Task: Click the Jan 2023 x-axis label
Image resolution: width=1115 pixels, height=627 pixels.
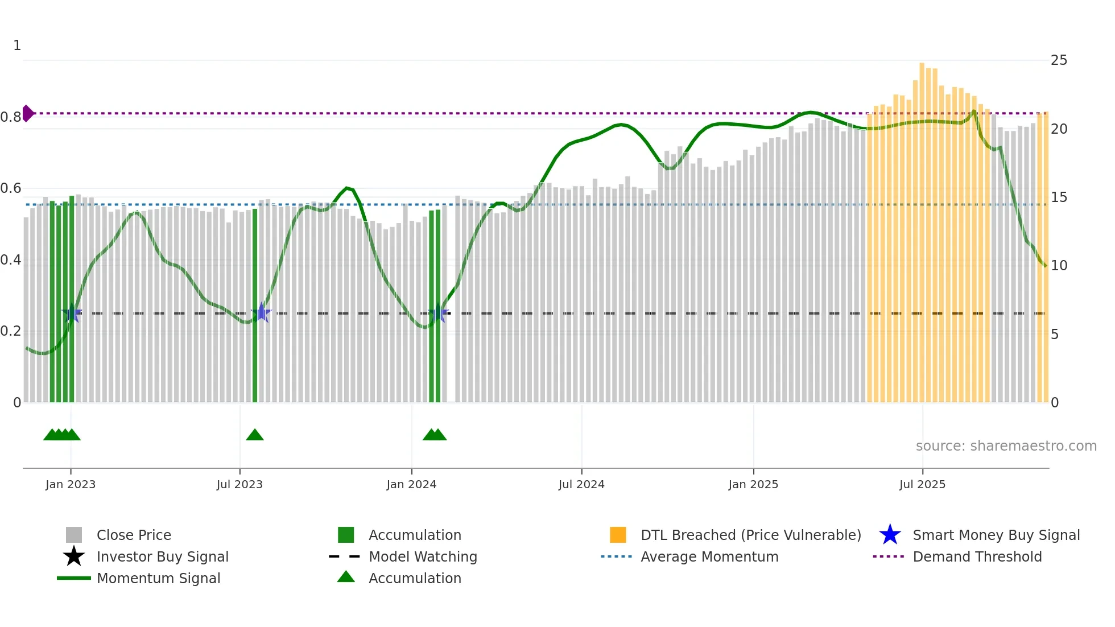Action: coord(71,484)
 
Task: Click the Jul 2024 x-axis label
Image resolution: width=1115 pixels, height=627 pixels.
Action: coord(581,484)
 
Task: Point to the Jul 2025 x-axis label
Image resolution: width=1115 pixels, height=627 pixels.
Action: coord(922,484)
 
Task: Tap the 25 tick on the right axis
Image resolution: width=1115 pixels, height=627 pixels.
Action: coord(1059,60)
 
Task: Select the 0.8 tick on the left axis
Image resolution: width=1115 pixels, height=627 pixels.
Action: coord(11,117)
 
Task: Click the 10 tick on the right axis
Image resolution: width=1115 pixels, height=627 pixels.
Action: coord(1059,266)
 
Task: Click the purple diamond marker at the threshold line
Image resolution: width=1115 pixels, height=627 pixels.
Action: coord(27,113)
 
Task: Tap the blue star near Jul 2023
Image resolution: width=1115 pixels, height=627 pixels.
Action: coord(261,312)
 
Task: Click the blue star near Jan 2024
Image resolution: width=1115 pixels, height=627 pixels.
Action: coord(438,313)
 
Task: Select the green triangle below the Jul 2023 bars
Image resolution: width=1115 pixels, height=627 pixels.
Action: coord(255,435)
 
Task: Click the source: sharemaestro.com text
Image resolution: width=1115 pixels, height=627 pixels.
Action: coord(1006,446)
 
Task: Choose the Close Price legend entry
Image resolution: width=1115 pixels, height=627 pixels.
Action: coord(134,535)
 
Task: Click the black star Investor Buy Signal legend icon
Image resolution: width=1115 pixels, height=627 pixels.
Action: coord(74,556)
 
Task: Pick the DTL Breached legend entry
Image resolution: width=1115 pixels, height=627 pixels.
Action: coord(750,535)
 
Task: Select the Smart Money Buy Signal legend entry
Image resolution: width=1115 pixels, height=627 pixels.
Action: coord(996,535)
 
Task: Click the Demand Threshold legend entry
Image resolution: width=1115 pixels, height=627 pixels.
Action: coord(977,556)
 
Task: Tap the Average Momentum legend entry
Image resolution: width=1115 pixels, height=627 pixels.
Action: coord(709,556)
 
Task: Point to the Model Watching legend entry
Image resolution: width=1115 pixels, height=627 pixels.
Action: coord(422,556)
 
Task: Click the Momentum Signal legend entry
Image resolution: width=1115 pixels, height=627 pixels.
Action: coord(158,578)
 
